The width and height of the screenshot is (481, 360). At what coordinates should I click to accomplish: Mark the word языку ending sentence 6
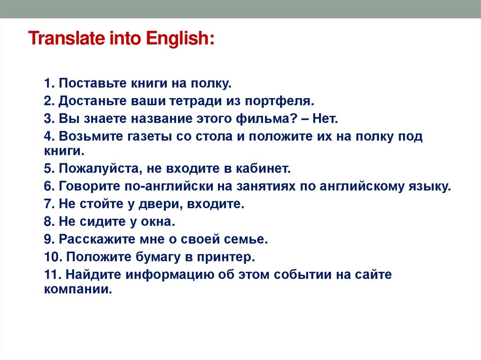430,186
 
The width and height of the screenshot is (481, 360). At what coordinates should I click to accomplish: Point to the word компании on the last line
78,290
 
